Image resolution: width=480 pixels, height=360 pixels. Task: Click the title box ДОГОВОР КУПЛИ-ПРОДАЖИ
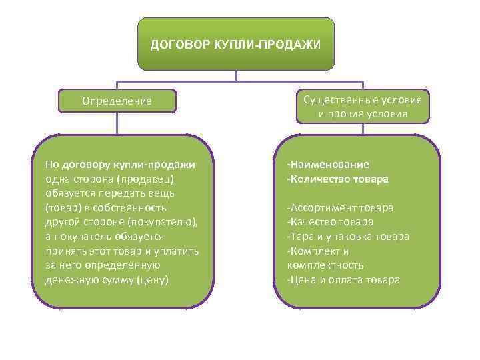point(235,44)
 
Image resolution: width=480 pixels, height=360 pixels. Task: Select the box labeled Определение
point(117,101)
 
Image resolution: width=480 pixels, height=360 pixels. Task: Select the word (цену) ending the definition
point(152,279)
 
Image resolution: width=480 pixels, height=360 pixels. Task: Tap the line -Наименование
point(328,165)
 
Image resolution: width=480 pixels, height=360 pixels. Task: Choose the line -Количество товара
point(337,179)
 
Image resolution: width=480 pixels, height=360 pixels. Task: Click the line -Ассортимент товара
point(340,207)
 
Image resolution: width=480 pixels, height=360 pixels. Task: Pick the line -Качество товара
point(330,222)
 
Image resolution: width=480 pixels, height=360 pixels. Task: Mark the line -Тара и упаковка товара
point(348,237)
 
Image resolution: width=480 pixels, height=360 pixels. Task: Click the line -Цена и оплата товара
point(343,279)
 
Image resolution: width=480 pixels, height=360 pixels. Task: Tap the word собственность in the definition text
point(125,208)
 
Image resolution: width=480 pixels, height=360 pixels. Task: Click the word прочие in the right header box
point(351,115)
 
